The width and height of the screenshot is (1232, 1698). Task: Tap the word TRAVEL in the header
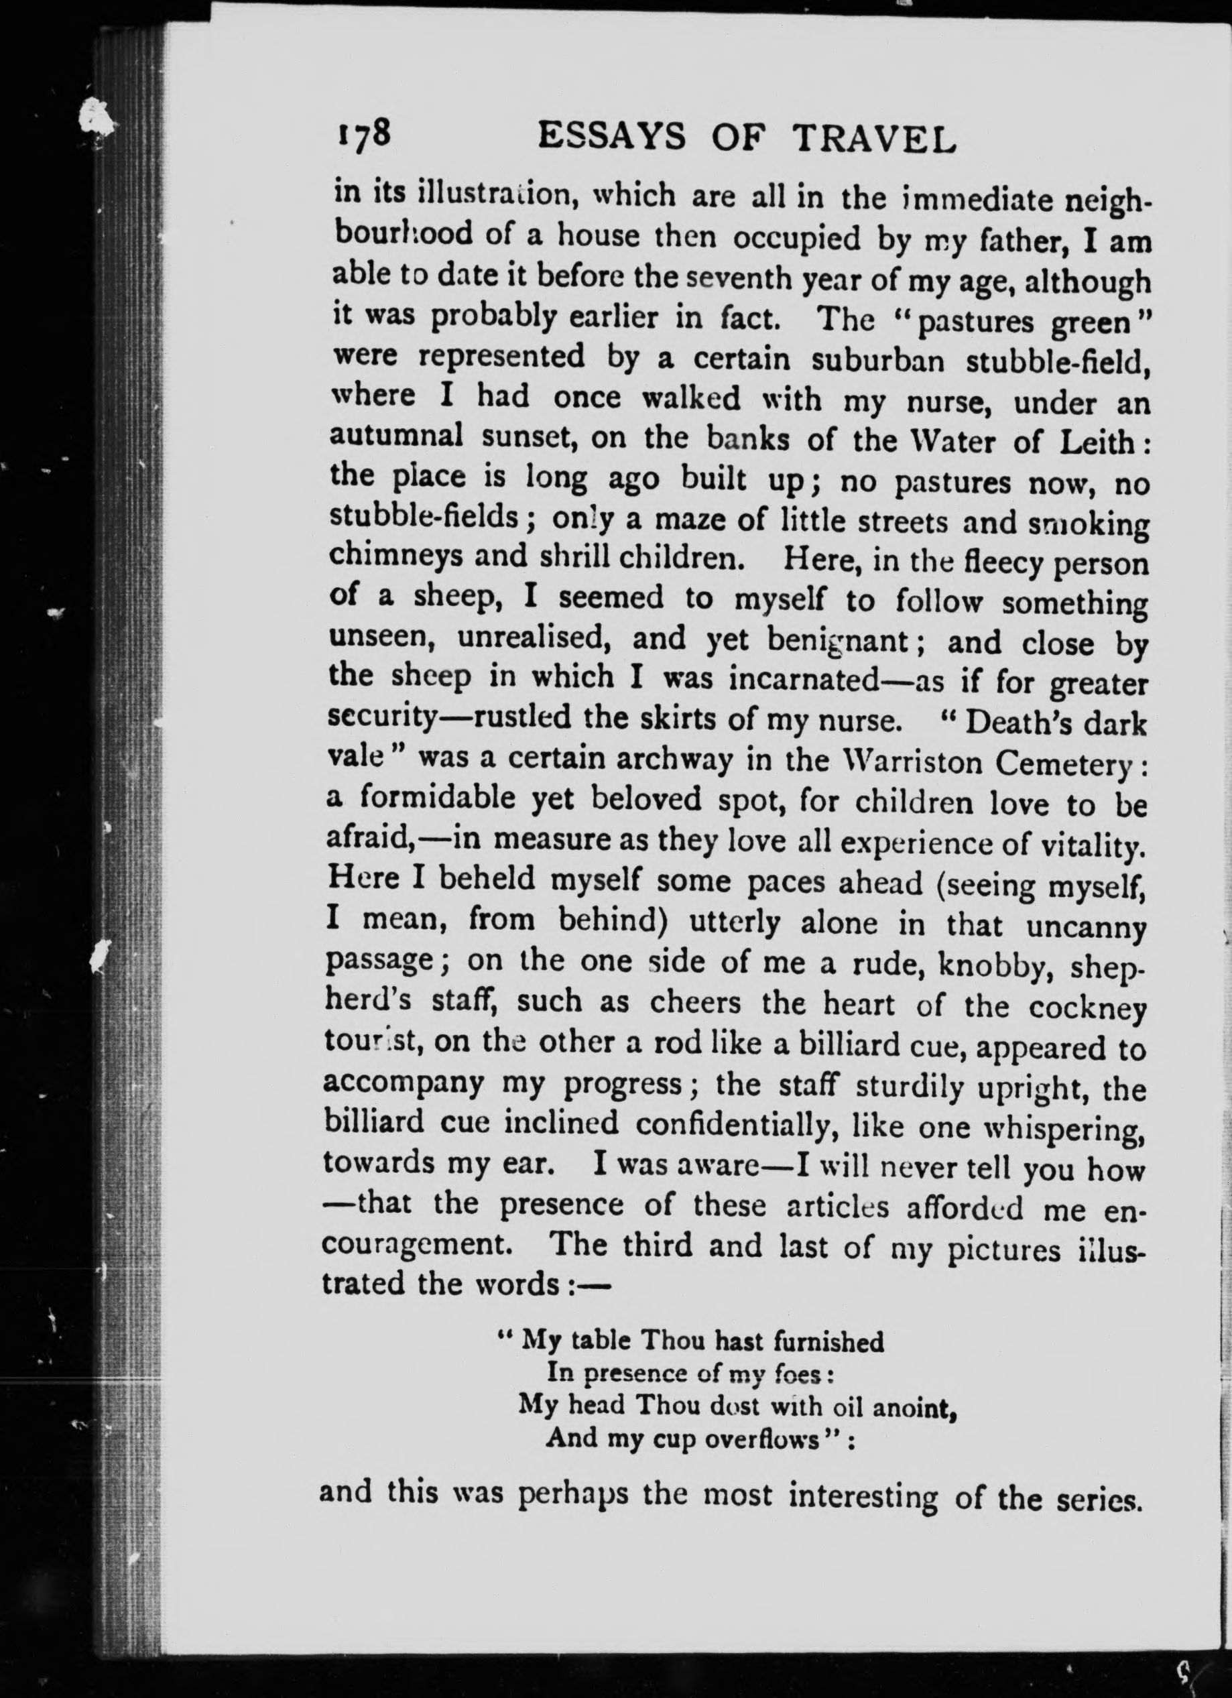874,139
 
